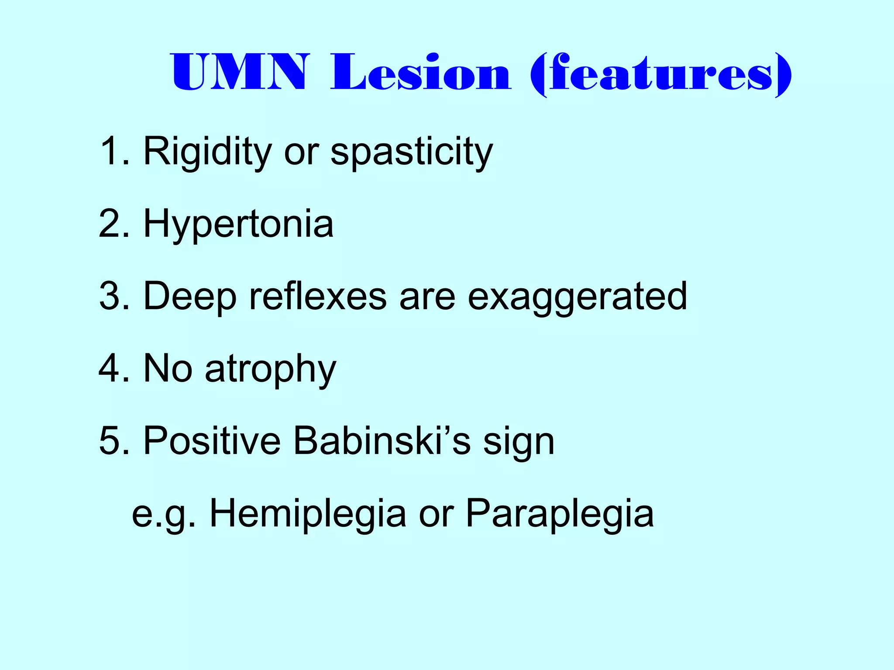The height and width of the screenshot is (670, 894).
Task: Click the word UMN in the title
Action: [x=240, y=72]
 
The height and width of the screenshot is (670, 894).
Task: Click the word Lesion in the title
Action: [x=420, y=72]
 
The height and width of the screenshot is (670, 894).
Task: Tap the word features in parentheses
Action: [x=660, y=73]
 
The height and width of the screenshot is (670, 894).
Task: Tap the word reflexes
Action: [x=318, y=296]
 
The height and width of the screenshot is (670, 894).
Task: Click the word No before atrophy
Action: [x=168, y=369]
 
